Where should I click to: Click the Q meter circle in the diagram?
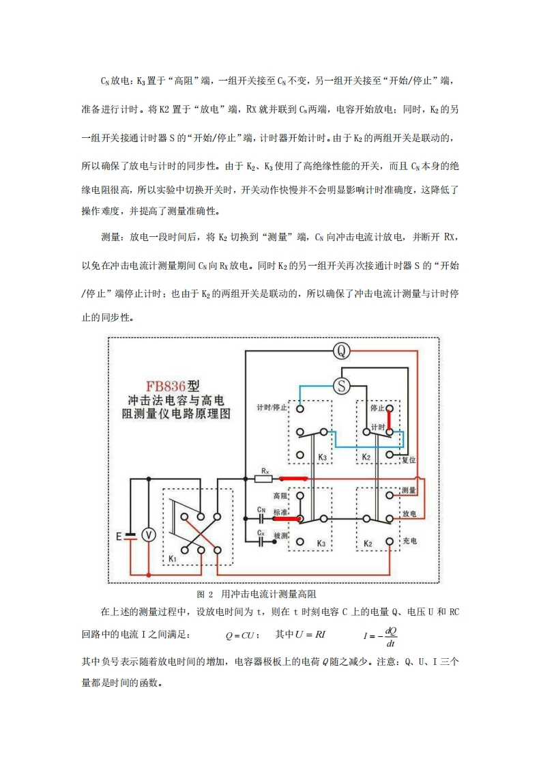(x=342, y=351)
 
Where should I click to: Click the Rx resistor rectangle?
(x=264, y=479)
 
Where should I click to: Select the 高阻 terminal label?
(x=281, y=496)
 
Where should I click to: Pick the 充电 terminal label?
(x=409, y=541)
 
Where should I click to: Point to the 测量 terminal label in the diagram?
(x=409, y=491)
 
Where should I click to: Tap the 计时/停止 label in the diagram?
(x=272, y=408)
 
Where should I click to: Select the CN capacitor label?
(x=261, y=510)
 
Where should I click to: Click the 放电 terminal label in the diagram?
(x=409, y=513)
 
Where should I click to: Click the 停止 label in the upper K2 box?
(x=377, y=408)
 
